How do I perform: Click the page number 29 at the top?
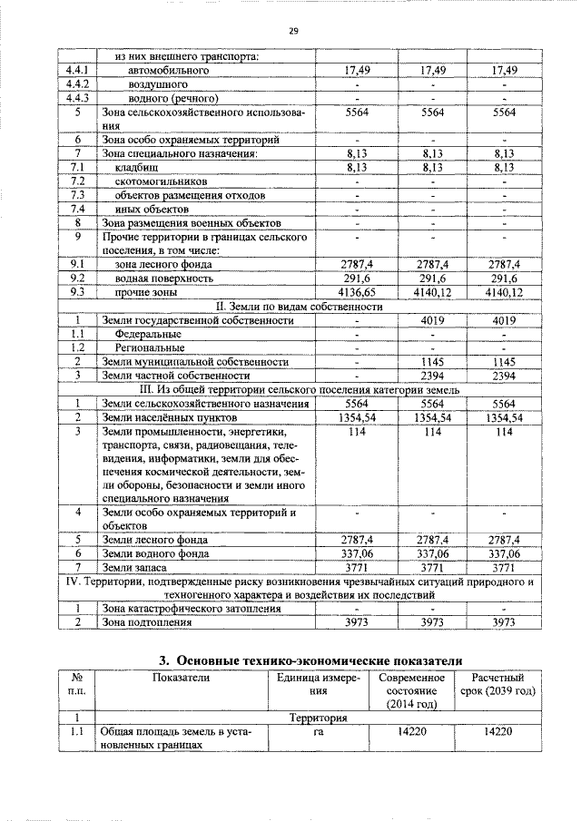[293, 31]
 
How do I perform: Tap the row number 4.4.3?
[79, 98]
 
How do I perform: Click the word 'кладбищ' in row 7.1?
[137, 168]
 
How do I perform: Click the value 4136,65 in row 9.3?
[357, 293]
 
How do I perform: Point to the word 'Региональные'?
[150, 347]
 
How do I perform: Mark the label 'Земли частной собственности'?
[176, 375]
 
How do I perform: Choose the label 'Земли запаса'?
[137, 567]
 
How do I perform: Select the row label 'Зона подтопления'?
[147, 622]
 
